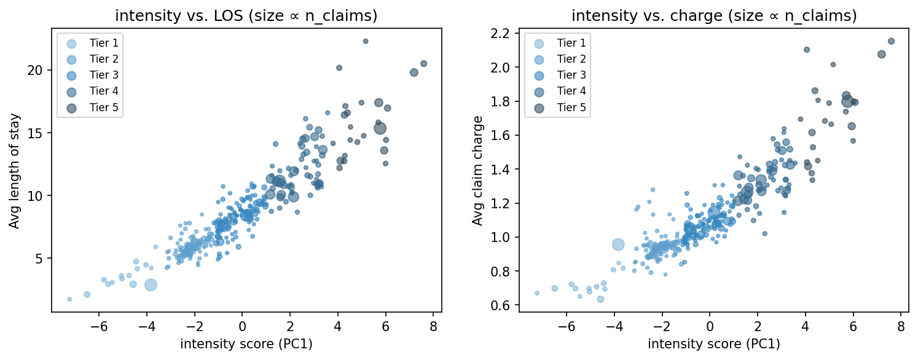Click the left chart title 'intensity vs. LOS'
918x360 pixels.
[x=246, y=15]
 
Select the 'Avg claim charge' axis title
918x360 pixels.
[x=477, y=170]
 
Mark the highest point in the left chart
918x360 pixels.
[x=365, y=41]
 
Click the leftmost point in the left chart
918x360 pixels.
[x=69, y=299]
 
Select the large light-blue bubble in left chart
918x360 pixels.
[x=151, y=284]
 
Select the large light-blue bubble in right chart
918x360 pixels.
[x=618, y=245]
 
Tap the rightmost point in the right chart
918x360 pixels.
[x=891, y=41]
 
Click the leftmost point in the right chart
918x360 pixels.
[x=536, y=293]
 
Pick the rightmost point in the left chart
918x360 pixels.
[x=423, y=63]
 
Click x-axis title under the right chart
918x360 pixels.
[x=713, y=345]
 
